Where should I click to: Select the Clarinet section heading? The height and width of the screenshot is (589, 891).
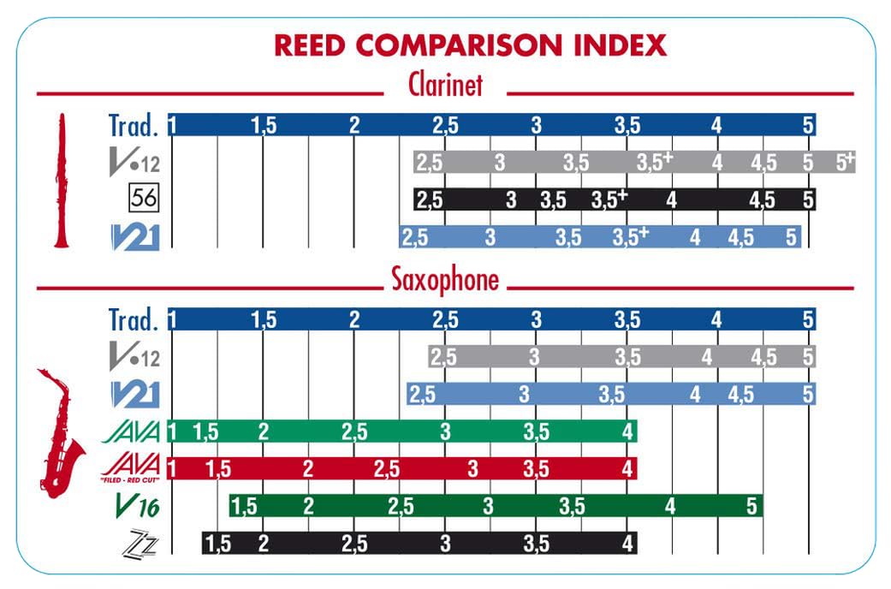(445, 86)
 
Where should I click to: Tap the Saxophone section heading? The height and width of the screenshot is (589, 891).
(445, 280)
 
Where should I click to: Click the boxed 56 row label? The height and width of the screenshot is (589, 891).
(142, 199)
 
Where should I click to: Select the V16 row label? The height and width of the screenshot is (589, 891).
(137, 507)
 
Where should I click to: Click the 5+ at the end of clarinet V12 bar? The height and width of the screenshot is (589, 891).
(845, 161)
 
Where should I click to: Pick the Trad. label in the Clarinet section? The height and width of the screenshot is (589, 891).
(134, 125)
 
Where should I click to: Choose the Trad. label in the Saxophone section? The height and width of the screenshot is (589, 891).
(134, 319)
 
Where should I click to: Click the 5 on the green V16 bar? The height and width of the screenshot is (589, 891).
(751, 506)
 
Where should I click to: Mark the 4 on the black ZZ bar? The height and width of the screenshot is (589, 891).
(628, 543)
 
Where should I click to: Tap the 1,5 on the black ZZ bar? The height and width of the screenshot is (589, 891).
(218, 543)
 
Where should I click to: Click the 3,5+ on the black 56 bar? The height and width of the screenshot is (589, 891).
(609, 199)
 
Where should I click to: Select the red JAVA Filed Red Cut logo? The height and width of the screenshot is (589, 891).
(131, 467)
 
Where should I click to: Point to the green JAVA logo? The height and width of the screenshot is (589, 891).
(131, 431)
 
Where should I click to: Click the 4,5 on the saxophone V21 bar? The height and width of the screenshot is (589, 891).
(741, 395)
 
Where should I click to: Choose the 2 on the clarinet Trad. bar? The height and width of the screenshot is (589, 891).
(354, 125)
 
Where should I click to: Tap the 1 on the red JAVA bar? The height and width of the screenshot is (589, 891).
(173, 468)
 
